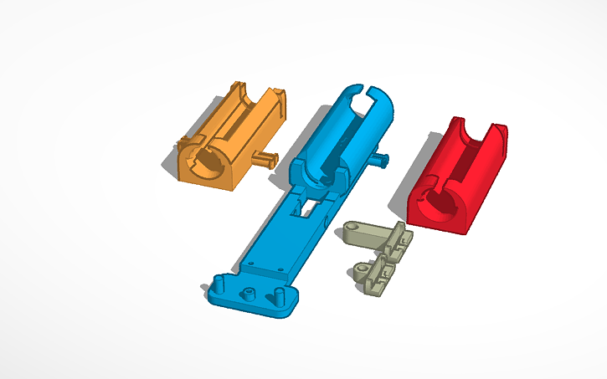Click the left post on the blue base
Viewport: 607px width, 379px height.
219,282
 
